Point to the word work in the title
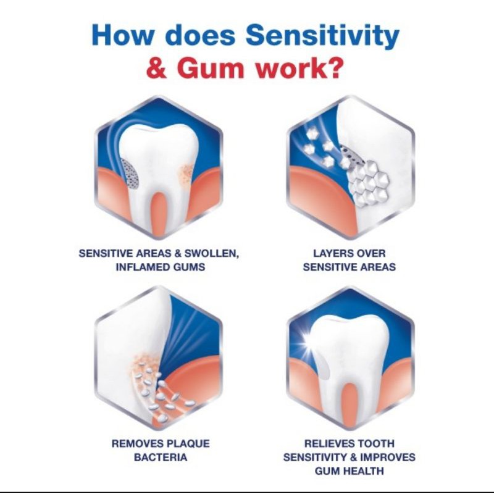[282, 69]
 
